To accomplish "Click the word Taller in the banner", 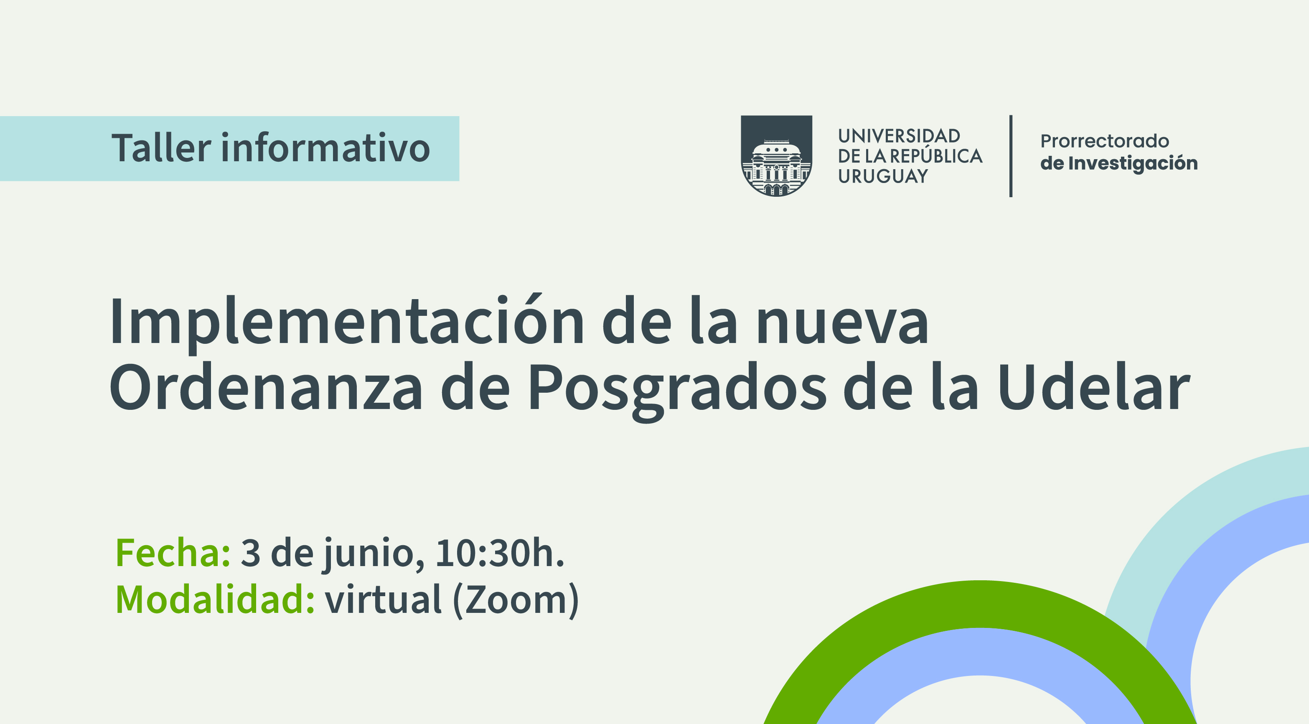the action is click(162, 148).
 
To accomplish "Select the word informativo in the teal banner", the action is click(325, 148).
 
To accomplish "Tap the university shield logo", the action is click(776, 156).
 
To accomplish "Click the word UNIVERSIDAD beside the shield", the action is click(899, 136).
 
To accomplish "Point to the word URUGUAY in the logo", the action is click(883, 176).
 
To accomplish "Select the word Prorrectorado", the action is click(1105, 141).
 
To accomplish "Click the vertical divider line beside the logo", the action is click(1011, 156).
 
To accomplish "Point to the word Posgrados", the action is click(677, 391).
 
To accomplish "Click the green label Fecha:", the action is click(173, 552).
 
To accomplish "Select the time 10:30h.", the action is click(500, 552).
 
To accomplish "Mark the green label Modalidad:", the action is click(216, 599).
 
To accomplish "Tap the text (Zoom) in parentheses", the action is click(516, 600).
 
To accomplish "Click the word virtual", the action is click(384, 599).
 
